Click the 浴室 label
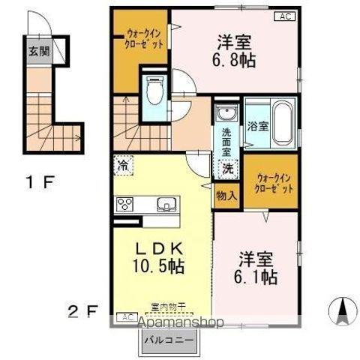(257, 126)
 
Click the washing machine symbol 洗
(226, 169)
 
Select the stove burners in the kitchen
(125, 204)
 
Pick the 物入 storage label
(226, 196)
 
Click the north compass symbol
(342, 309)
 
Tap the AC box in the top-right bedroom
(286, 16)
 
